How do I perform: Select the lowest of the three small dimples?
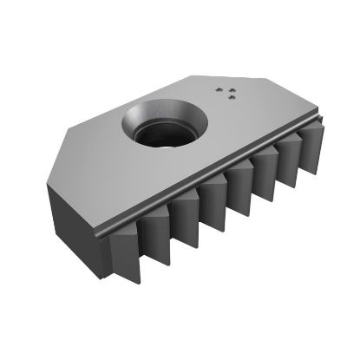[231, 98]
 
